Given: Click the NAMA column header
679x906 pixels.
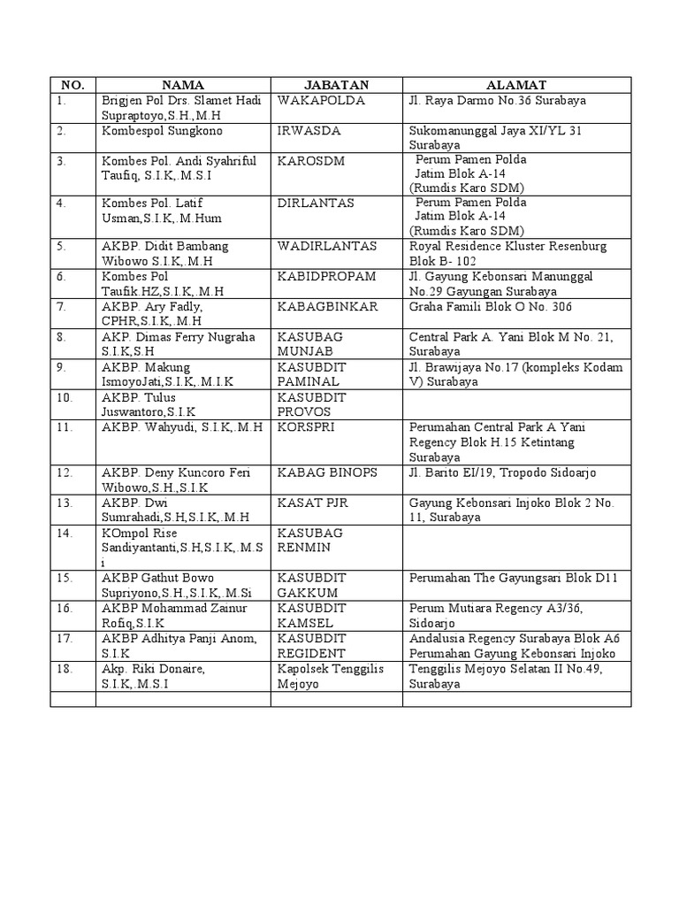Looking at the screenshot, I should click(x=183, y=85).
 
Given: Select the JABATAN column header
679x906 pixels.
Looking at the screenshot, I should click(x=336, y=85).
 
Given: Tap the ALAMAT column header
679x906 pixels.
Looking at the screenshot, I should click(x=516, y=85).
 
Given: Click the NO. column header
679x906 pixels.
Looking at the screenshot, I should click(x=72, y=85).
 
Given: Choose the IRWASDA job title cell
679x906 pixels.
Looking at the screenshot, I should click(x=307, y=131).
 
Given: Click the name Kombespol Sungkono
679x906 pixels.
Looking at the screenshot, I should click(x=162, y=131).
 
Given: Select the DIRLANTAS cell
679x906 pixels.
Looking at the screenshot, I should click(x=316, y=203).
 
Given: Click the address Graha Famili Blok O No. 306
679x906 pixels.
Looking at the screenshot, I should click(x=491, y=307).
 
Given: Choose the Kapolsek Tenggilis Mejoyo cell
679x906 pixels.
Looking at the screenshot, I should click(x=330, y=676).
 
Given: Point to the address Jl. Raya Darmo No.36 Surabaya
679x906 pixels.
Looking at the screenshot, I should click(x=498, y=101).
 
